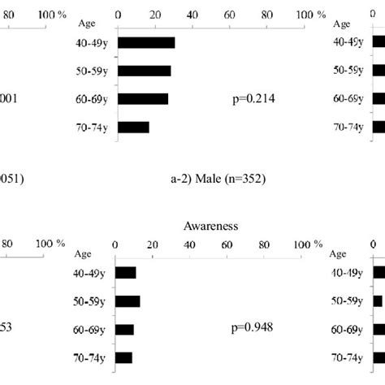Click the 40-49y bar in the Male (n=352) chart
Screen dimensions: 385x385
coord(146,43)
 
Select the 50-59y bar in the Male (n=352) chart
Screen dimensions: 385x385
coord(144,71)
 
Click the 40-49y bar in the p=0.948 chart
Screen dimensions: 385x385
coord(125,273)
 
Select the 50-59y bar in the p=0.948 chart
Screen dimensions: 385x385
coord(128,301)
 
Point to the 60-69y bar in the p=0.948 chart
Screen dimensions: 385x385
coord(124,329)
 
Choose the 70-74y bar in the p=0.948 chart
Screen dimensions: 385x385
coord(123,357)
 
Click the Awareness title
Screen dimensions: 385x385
coord(210,226)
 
